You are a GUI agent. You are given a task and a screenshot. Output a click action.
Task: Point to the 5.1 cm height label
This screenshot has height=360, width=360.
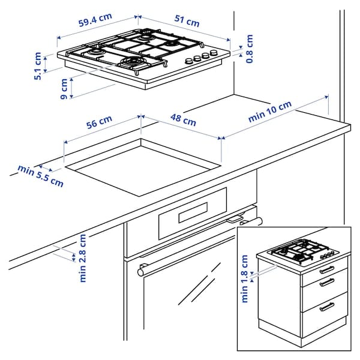[x=38, y=67]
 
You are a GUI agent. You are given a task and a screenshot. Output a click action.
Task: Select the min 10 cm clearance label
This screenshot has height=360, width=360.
[x=269, y=112]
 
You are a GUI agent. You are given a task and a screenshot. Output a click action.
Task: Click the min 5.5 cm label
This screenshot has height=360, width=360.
[x=40, y=176]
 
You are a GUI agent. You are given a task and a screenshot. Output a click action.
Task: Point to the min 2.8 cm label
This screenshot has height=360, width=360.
[x=83, y=257]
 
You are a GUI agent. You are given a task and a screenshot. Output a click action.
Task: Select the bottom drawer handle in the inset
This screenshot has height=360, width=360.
[x=327, y=307]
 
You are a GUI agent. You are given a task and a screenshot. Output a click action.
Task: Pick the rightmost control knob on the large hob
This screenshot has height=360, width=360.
[x=213, y=55]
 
